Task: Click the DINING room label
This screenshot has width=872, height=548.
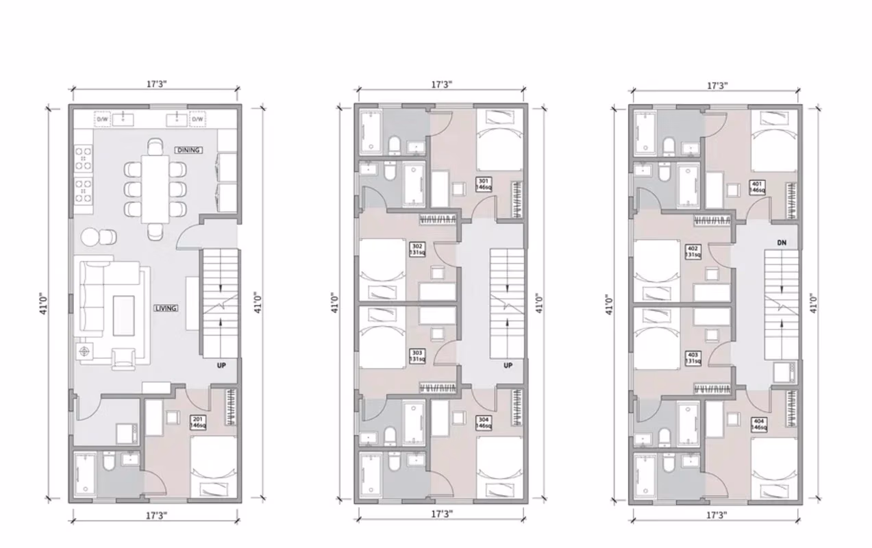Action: click(x=189, y=150)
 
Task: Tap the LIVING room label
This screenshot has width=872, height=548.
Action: click(x=166, y=308)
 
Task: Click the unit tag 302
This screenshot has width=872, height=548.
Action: click(x=416, y=249)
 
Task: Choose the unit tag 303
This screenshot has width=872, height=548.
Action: click(x=416, y=355)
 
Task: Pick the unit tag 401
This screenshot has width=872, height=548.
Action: click(x=757, y=187)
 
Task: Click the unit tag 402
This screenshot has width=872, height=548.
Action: click(x=693, y=251)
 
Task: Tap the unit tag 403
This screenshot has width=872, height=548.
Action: click(x=693, y=358)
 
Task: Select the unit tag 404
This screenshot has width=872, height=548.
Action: click(x=758, y=424)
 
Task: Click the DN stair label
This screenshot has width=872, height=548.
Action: click(x=782, y=242)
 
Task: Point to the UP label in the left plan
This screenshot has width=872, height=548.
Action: click(x=221, y=366)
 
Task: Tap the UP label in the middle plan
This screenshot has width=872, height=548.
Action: click(x=508, y=366)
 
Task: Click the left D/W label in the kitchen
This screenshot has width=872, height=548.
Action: click(x=102, y=119)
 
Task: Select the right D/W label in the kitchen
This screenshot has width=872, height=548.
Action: click(x=197, y=119)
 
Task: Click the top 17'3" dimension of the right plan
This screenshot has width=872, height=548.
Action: click(x=717, y=86)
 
